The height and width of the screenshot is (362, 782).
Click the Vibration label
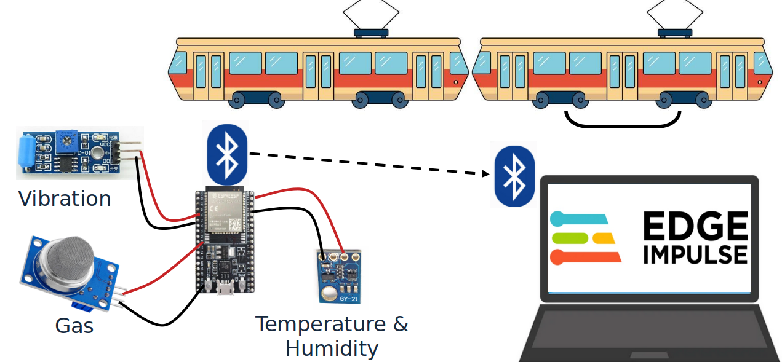65,199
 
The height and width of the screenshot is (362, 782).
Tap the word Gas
74,325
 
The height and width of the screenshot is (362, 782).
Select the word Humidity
332,348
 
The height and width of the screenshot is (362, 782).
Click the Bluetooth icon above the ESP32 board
226,154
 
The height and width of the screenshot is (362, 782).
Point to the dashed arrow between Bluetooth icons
369,164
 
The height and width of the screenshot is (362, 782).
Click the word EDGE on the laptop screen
695,227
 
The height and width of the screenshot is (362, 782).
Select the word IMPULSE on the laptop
695,254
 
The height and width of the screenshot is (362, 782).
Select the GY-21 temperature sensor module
339,276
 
